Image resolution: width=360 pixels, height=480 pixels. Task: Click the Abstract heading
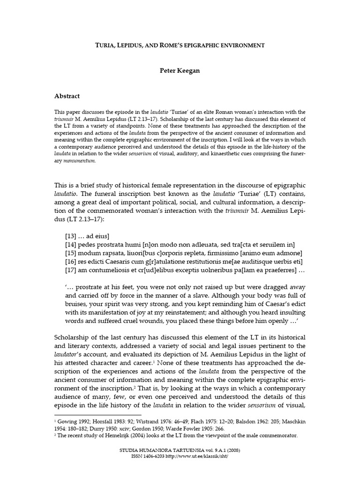click(x=67, y=96)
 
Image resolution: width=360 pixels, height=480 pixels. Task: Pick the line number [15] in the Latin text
click(x=72, y=253)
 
